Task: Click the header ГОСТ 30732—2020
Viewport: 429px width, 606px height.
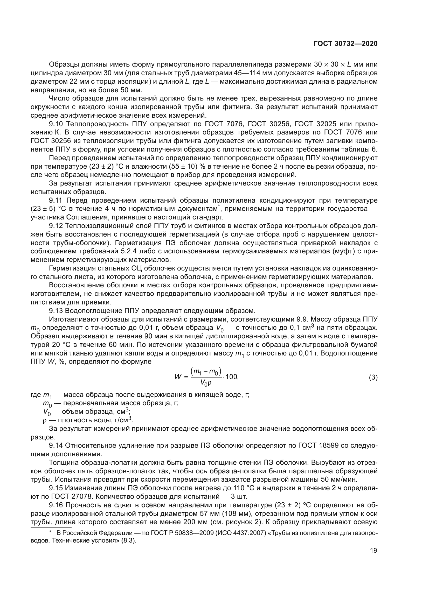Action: (x=345, y=44)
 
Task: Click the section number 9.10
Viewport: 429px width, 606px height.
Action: (x=57, y=124)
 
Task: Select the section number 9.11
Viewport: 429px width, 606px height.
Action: (x=56, y=200)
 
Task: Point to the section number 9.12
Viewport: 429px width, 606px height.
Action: (x=56, y=226)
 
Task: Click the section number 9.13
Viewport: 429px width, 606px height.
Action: (x=56, y=311)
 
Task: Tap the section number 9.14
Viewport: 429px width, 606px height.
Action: (x=56, y=446)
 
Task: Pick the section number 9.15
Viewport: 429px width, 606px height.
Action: (x=56, y=488)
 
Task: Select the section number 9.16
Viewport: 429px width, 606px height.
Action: (x=56, y=505)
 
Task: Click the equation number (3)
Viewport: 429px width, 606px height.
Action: (x=373, y=377)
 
